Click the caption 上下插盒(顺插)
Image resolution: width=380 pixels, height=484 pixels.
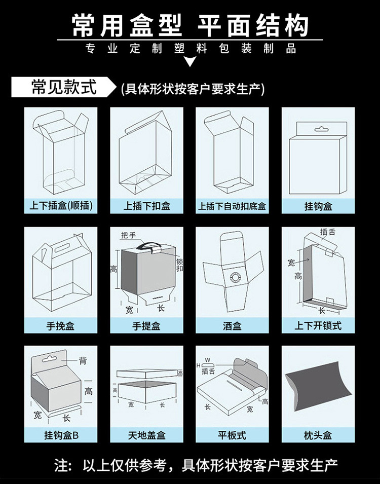point(61,207)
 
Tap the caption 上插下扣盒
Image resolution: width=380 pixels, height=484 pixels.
point(146,207)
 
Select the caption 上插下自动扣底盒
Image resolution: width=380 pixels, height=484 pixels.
point(232,207)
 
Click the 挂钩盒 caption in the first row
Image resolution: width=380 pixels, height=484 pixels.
point(318,207)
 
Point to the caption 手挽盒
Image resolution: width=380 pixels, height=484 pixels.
point(61,326)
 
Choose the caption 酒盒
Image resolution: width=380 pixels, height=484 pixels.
point(232,326)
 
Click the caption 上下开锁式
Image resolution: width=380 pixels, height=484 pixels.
point(318,326)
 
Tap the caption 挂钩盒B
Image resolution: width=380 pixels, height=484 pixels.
point(61,435)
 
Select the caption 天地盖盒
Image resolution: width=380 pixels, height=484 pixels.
point(146,435)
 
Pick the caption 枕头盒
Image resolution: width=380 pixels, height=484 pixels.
point(318,435)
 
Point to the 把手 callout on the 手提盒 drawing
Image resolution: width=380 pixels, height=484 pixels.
point(129,236)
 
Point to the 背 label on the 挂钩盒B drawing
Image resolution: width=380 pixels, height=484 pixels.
point(83,361)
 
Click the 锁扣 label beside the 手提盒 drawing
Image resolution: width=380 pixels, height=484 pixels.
point(179,265)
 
